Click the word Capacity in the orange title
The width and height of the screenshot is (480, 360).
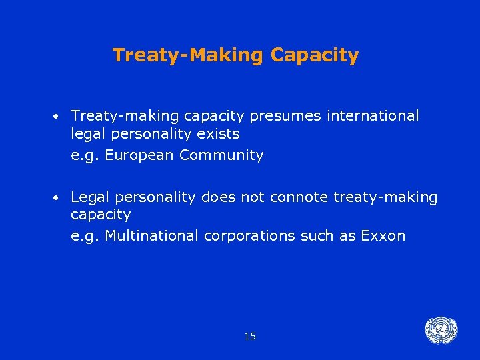tap(315, 55)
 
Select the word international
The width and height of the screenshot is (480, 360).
tap(373, 116)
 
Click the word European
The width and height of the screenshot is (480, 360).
tap(137, 156)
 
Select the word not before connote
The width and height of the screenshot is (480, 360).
tap(251, 197)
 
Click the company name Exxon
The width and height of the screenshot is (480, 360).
tap(383, 236)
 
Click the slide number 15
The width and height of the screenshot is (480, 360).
tap(250, 337)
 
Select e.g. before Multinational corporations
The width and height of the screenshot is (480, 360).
tap(85, 237)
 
